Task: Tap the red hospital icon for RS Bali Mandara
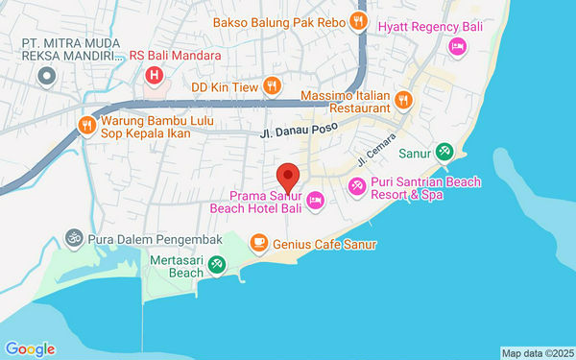[x=153, y=74]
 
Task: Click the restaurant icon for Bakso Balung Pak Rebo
[x=358, y=20]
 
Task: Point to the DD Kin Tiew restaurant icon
[x=272, y=85]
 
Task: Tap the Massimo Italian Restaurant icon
[x=403, y=97]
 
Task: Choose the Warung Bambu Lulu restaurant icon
[x=86, y=124]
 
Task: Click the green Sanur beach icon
[x=444, y=151]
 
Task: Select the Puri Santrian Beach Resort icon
[x=357, y=184]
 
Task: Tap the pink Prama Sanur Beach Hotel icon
[x=316, y=200]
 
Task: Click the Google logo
[x=30, y=348]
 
